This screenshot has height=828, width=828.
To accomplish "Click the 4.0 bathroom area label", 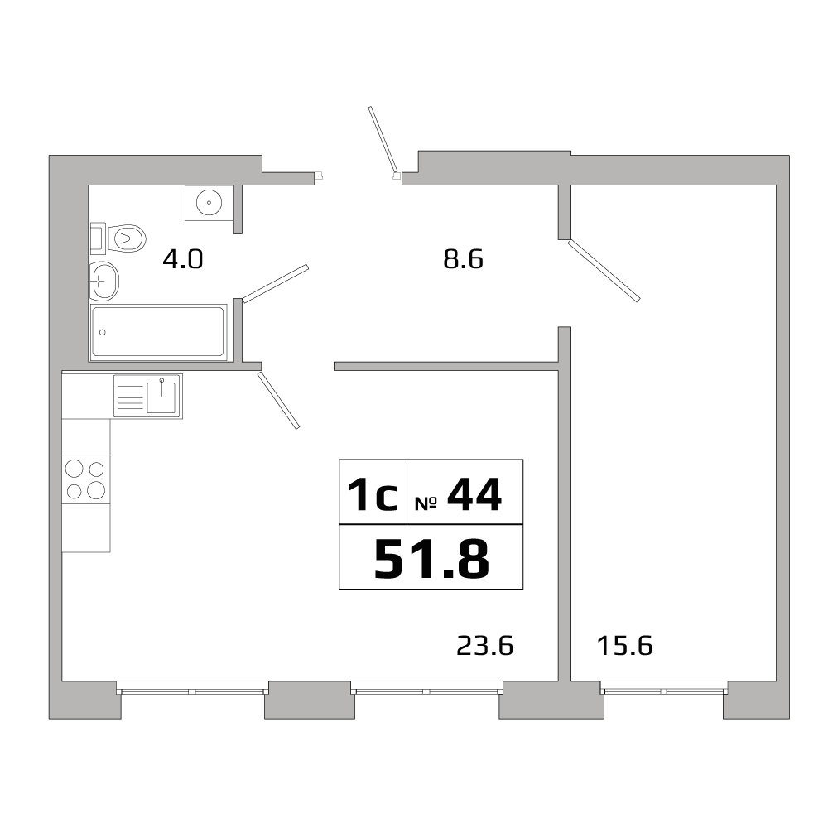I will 182,259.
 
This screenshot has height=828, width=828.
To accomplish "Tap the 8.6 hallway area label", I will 463,259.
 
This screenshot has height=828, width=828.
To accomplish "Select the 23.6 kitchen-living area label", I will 485,645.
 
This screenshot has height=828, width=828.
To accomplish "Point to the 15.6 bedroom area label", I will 624,645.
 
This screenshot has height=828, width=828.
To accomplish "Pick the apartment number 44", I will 474,495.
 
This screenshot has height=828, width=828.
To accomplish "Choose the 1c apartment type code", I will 373,495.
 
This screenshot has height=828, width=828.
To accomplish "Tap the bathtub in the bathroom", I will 158,332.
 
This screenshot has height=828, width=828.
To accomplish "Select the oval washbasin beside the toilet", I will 104,280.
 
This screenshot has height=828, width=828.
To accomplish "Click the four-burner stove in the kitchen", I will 86,479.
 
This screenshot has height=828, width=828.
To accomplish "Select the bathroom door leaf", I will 276,283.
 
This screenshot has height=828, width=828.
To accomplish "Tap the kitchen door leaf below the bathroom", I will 278,400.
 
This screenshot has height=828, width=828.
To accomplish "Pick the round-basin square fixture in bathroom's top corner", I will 208,202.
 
